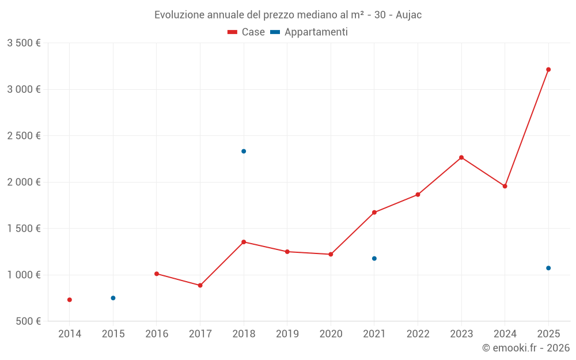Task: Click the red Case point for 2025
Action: pyautogui.click(x=548, y=70)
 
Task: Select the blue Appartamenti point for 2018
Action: pyautogui.click(x=244, y=151)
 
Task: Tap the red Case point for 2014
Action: pyautogui.click(x=70, y=300)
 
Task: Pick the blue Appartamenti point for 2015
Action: pyautogui.click(x=113, y=298)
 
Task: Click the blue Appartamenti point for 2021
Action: pyautogui.click(x=374, y=259)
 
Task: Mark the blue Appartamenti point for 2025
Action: pyautogui.click(x=548, y=268)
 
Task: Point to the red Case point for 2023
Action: pyautogui.click(x=461, y=157)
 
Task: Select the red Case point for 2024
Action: pyautogui.click(x=505, y=186)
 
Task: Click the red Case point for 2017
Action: pyautogui.click(x=200, y=285)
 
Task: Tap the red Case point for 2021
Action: pyautogui.click(x=374, y=213)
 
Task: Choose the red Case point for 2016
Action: pyautogui.click(x=157, y=274)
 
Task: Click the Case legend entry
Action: pyautogui.click(x=247, y=32)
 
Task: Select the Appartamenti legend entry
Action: pyautogui.click(x=309, y=32)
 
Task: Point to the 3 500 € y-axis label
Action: pyautogui.click(x=24, y=43)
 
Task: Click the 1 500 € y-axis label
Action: pyautogui.click(x=24, y=229)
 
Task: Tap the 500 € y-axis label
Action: pyautogui.click(x=28, y=321)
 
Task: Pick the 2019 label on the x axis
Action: pyautogui.click(x=287, y=334)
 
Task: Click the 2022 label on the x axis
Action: pyautogui.click(x=418, y=334)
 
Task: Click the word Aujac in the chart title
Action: pyautogui.click(x=408, y=15)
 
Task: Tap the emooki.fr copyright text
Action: pyautogui.click(x=525, y=348)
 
